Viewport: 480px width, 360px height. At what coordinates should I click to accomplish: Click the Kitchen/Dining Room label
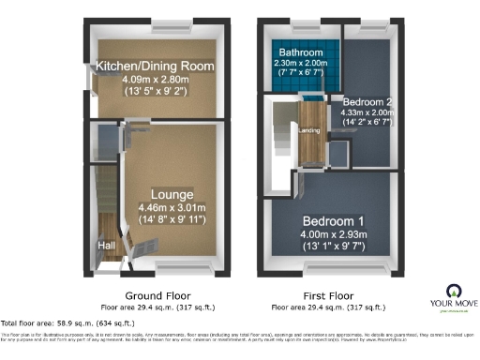[155, 67]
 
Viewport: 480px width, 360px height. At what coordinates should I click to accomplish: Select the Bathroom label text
[299, 52]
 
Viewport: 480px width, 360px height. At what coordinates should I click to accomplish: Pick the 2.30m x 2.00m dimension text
[299, 63]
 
